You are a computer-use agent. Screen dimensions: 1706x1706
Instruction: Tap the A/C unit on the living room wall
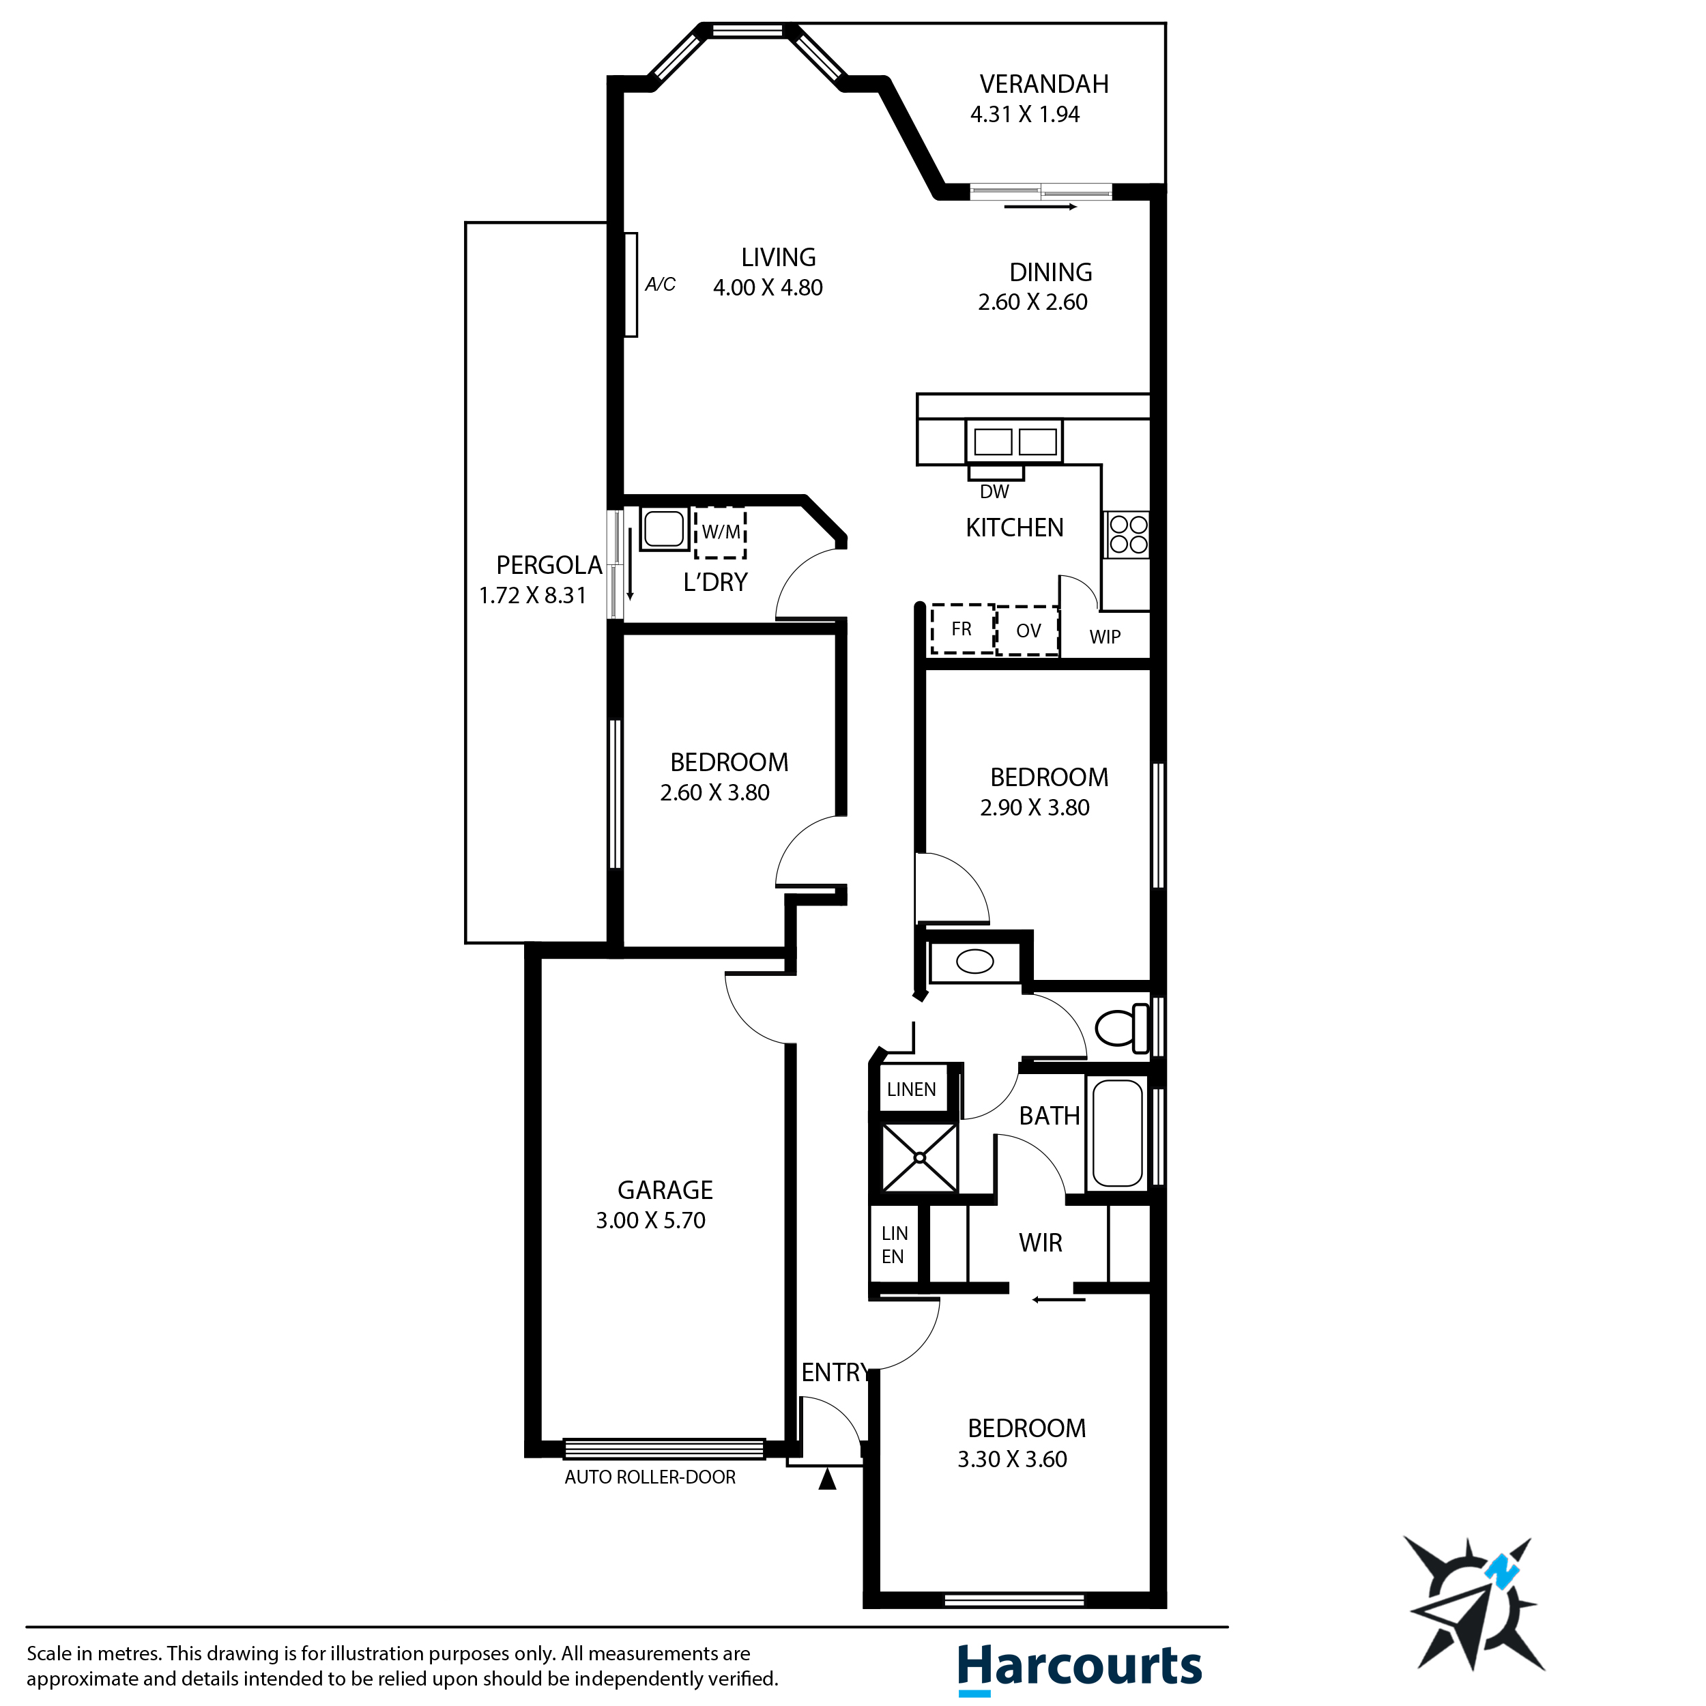[631, 285]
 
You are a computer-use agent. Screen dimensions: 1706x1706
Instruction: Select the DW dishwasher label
[994, 492]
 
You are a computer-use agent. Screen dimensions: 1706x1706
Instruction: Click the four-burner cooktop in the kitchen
[1127, 534]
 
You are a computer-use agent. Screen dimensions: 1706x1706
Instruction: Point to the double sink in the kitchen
[1015, 441]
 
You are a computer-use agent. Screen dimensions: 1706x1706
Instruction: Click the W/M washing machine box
[720, 532]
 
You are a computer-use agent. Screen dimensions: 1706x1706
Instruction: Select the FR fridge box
[962, 628]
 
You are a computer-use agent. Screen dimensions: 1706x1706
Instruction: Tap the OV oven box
[1028, 631]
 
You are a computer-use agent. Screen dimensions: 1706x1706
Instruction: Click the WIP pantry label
[1105, 637]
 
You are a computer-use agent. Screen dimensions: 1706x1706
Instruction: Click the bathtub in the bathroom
[1117, 1133]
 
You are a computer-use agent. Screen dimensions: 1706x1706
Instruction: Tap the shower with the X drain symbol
[919, 1157]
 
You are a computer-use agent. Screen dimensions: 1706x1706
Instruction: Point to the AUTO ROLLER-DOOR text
[650, 1477]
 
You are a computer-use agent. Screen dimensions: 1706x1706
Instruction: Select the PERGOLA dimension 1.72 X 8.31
[532, 595]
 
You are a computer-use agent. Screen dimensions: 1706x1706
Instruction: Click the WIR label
[1040, 1243]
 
